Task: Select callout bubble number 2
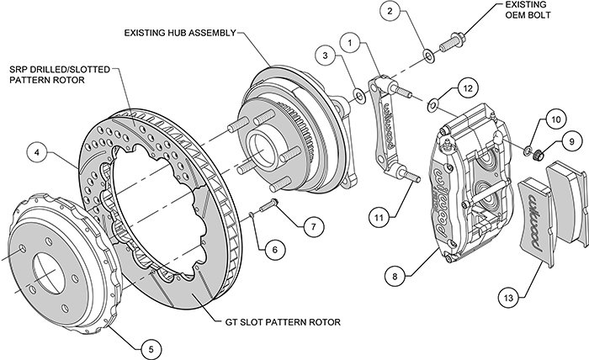pos(390,11)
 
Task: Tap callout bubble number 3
pos(322,56)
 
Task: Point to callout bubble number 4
pos(36,153)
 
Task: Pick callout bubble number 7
pos(311,225)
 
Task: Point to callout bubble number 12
pos(469,87)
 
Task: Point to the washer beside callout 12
pos(434,103)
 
